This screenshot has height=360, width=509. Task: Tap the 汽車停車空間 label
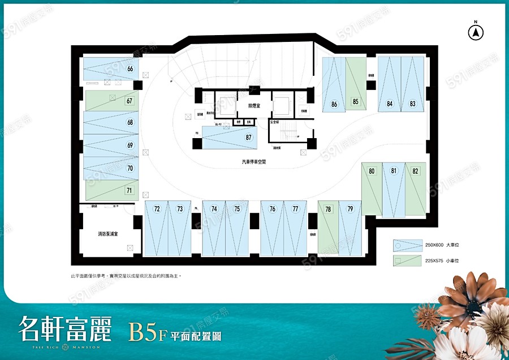[x=253, y=162]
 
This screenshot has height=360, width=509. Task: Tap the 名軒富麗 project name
[x=64, y=328]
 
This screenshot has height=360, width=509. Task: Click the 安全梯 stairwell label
[x=275, y=122]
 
